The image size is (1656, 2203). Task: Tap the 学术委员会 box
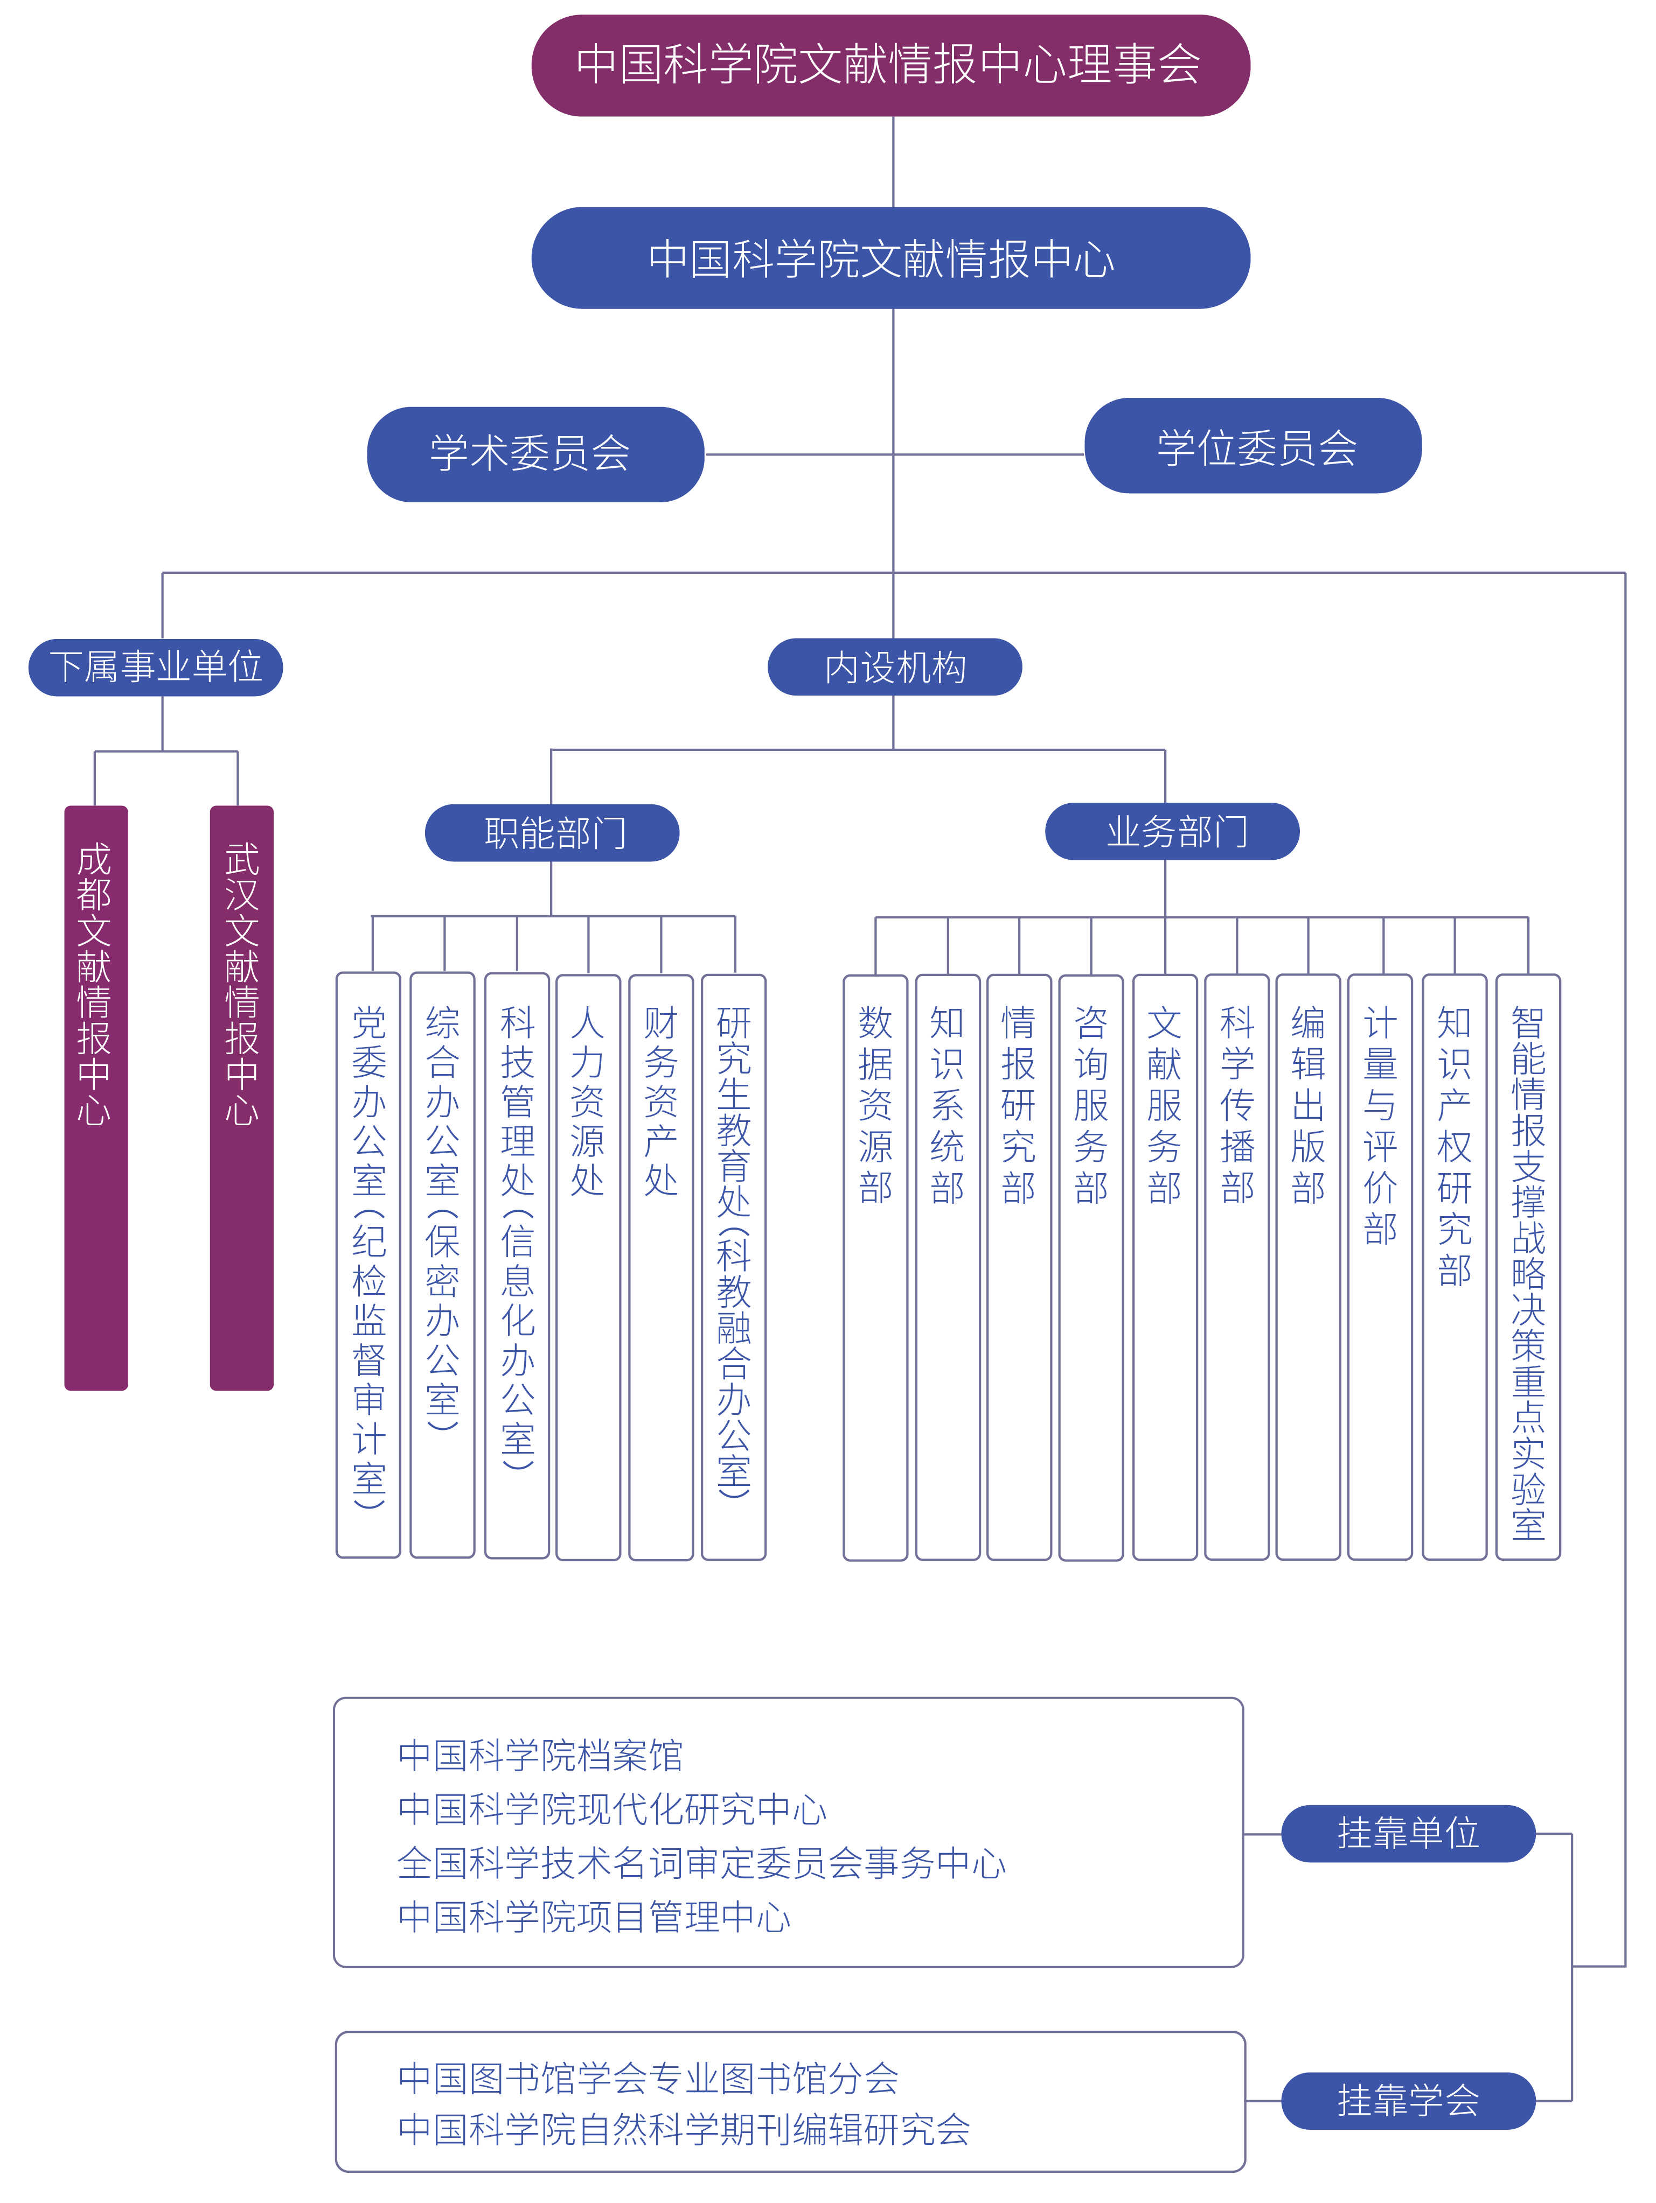click(x=535, y=454)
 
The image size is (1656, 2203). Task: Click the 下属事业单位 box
click(x=156, y=667)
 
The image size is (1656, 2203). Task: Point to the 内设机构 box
click(x=894, y=667)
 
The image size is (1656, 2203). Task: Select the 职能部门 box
click(x=552, y=833)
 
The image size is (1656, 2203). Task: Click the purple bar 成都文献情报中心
click(x=96, y=1096)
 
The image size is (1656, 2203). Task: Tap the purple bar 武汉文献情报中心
click(x=241, y=1096)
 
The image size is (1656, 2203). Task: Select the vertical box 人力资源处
click(x=588, y=1265)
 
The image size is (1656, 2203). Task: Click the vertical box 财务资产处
click(x=660, y=1265)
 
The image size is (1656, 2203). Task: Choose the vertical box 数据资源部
click(x=875, y=1265)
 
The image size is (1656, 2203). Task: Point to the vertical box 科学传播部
click(x=1236, y=1265)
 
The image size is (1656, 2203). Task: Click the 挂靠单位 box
click(x=1407, y=1833)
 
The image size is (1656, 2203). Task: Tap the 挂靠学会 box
click(x=1407, y=2100)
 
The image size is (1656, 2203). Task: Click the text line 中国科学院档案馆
click(x=540, y=1755)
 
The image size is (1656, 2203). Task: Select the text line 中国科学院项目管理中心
click(x=594, y=1916)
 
